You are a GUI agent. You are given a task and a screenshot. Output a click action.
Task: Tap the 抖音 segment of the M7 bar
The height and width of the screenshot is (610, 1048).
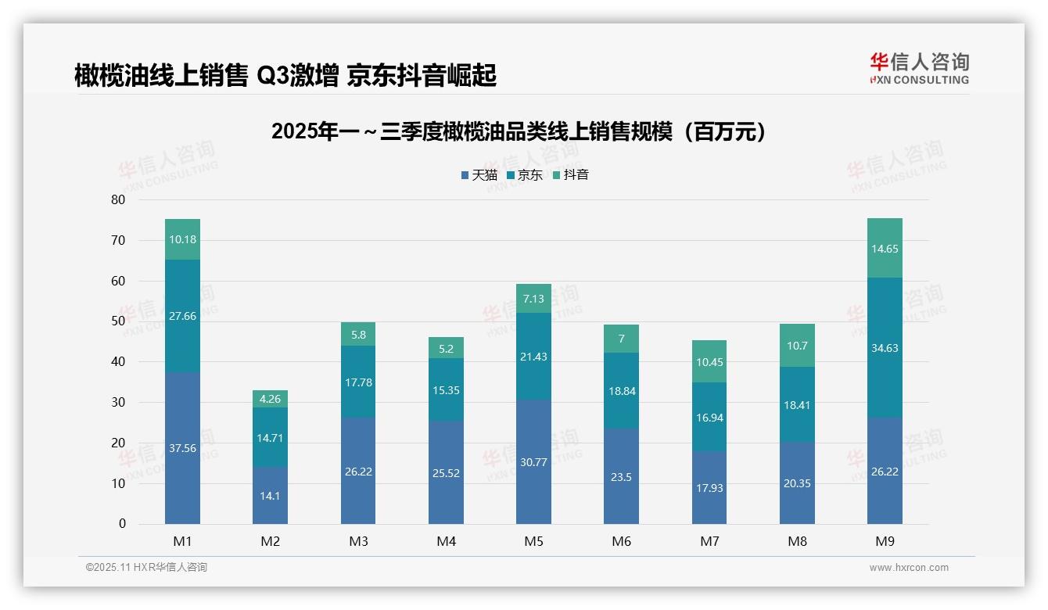(709, 361)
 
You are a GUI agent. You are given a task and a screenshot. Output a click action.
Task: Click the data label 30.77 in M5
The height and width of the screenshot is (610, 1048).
(533, 462)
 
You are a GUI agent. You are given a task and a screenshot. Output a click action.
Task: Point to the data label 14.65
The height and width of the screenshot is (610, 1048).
(885, 249)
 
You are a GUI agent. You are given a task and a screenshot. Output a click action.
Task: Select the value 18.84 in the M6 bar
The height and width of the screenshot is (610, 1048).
(622, 391)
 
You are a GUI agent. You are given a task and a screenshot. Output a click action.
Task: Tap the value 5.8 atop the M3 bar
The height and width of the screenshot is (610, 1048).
(358, 335)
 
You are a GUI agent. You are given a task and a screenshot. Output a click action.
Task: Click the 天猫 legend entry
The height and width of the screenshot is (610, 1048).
(479, 175)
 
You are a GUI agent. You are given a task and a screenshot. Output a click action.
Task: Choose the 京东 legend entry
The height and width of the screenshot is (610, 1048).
(525, 175)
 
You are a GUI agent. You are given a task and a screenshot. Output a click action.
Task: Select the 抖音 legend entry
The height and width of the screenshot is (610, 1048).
(571, 175)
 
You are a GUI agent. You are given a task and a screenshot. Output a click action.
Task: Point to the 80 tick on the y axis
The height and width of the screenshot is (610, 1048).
(118, 199)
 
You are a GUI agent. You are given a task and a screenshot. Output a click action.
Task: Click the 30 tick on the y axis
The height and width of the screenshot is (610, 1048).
(118, 402)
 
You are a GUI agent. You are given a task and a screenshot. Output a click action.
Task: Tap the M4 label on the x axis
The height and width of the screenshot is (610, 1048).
(446, 541)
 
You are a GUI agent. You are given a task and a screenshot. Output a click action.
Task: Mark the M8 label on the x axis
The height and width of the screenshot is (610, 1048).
(797, 541)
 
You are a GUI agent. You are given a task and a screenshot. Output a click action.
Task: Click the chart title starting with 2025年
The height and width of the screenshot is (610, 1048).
(519, 132)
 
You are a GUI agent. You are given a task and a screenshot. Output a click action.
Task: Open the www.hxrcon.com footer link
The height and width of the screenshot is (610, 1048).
(909, 568)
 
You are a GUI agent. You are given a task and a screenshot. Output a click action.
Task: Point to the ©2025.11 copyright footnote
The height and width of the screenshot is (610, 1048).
(146, 568)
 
